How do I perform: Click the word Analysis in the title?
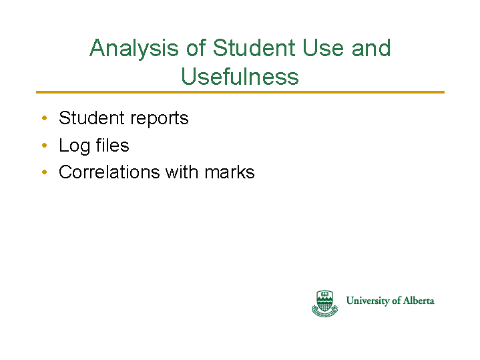coord(134,48)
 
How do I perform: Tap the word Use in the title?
coord(323,48)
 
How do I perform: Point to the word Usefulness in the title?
coord(240,76)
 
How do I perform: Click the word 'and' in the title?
coord(371,48)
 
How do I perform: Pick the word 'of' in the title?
coord(196,48)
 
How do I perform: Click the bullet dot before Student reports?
coord(44,118)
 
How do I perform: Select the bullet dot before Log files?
coord(44,145)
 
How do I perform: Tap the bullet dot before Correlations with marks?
coord(44,172)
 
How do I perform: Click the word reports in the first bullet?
coord(159,119)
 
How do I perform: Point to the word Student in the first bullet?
coord(92,118)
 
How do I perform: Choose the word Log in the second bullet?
coord(74,146)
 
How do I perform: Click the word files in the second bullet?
coord(112,145)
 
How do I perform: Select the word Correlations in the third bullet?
coord(109,172)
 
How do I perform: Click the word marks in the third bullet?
coord(230,172)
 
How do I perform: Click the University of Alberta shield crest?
coord(325,303)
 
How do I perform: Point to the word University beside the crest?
coord(368,301)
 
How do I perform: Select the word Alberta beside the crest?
coord(419,301)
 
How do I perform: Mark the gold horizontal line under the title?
coord(240,92)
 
